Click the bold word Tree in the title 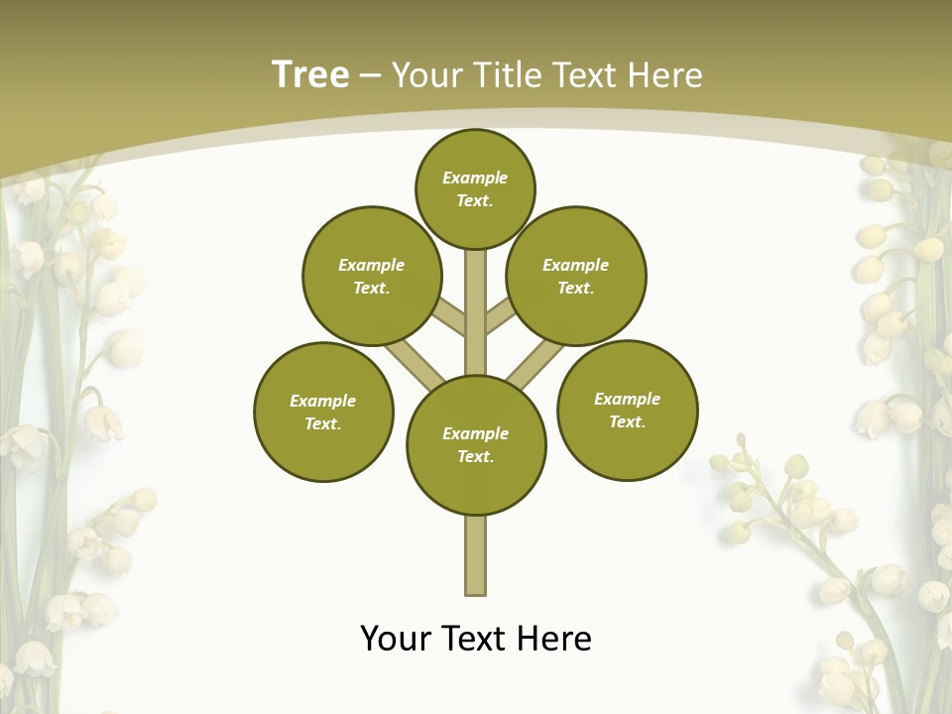[x=310, y=74]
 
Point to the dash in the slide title [x=370, y=76]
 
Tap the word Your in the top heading [x=426, y=75]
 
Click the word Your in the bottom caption [x=397, y=638]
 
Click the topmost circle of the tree [x=475, y=188]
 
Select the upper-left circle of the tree [x=372, y=276]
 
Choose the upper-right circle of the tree [x=576, y=276]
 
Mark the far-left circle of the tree [x=323, y=412]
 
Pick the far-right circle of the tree [x=627, y=410]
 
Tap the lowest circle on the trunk [x=476, y=444]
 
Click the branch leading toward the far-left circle [x=415, y=364]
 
